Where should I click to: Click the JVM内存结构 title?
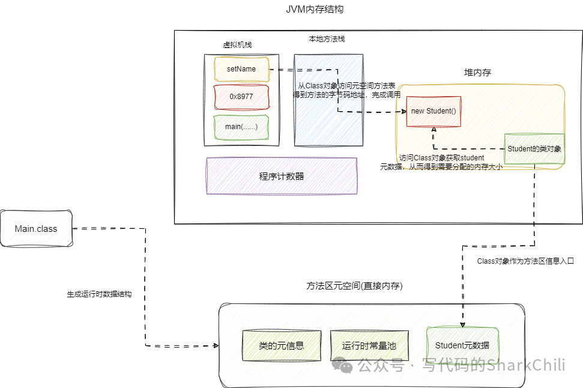pos(315,10)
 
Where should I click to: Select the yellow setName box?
pos(241,69)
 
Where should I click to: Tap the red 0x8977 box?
pos(241,97)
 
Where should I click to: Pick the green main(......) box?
pos(241,127)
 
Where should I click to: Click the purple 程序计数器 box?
pos(282,176)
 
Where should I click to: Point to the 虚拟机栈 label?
pos(237,45)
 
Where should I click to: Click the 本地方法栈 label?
pos(327,39)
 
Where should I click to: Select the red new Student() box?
pos(433,111)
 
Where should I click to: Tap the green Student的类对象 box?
pos(534,148)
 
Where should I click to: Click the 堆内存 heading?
pos(478,73)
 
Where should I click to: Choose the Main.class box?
pos(36,229)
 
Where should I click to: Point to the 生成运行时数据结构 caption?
pos(99,295)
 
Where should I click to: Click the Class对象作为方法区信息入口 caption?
pos(525,261)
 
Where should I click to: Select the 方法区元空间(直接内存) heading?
pos(354,286)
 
